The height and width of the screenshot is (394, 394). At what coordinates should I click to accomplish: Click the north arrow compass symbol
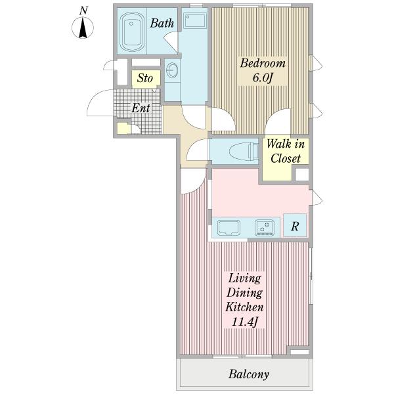coord(83,28)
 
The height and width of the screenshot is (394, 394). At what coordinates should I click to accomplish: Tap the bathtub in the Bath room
coord(131,32)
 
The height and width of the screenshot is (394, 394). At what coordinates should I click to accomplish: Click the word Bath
coord(162,24)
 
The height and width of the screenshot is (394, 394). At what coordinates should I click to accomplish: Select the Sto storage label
coord(145,78)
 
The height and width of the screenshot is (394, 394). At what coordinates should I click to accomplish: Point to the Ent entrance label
coord(141,108)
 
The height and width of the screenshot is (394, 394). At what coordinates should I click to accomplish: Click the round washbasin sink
coord(172,70)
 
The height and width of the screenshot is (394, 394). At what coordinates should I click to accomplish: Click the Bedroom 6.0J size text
coord(263,78)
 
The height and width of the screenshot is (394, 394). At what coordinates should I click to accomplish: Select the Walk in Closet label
coord(286,151)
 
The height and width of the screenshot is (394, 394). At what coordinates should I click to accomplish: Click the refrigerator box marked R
coord(295,225)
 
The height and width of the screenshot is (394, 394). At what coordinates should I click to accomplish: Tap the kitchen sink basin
coord(229,228)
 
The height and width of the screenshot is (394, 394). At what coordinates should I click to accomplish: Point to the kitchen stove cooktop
coord(265,228)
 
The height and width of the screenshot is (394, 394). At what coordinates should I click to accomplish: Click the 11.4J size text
coord(245,322)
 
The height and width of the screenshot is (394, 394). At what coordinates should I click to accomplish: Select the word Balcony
coord(248,374)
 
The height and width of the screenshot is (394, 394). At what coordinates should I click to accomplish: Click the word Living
coord(244,278)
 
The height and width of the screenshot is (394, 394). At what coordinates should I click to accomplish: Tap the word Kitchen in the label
coord(244,307)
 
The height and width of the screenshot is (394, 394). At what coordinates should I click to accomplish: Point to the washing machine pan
coord(195,21)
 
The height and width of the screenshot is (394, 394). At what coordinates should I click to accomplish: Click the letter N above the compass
coord(83,11)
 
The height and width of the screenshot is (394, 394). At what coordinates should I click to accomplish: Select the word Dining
coord(244,293)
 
